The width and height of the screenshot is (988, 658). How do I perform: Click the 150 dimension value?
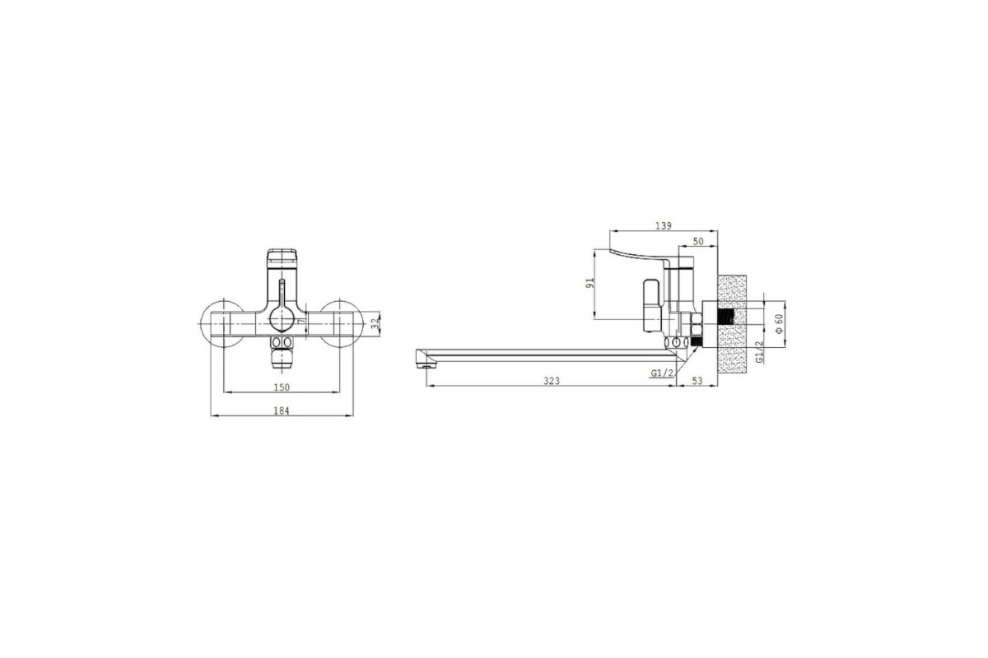pyautogui.click(x=282, y=387)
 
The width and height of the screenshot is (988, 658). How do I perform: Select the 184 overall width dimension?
pyautogui.click(x=282, y=410)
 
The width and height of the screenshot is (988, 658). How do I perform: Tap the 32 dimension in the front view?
pyautogui.click(x=375, y=323)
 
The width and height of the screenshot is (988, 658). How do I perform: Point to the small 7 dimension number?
pyautogui.click(x=301, y=322)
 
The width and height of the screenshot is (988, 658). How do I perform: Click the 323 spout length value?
pyautogui.click(x=552, y=381)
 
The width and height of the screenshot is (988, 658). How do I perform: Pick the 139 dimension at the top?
pyautogui.click(x=664, y=225)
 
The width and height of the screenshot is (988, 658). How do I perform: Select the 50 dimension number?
pyautogui.click(x=698, y=242)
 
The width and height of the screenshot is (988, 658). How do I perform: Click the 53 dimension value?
pyautogui.click(x=697, y=381)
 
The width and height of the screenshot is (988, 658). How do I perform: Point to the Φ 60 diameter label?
pyautogui.click(x=779, y=323)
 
